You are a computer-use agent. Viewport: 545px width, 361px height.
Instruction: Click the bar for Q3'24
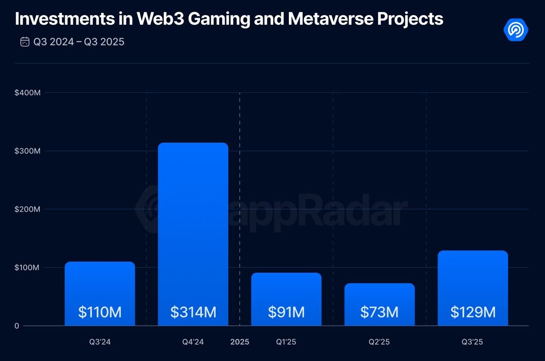coord(100,287)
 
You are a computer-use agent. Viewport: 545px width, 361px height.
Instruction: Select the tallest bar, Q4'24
coord(193,227)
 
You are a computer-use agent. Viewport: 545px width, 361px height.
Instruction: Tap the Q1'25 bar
coord(286,292)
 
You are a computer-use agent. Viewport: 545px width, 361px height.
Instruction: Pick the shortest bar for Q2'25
coord(379,297)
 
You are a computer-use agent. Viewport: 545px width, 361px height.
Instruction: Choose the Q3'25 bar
coord(473,282)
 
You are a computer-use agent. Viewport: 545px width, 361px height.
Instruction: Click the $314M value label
coord(193,312)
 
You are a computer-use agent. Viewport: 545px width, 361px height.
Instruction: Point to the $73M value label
coord(379,312)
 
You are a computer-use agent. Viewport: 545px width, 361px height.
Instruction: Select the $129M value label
coord(473,312)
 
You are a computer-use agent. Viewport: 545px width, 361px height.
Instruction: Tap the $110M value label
coord(100,312)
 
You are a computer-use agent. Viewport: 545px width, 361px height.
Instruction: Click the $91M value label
coord(286,312)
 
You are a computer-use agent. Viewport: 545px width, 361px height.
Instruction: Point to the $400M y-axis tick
coord(27,93)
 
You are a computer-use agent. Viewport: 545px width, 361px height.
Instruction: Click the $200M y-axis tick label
coord(27,209)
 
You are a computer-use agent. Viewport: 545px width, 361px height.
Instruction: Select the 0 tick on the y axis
coord(17,326)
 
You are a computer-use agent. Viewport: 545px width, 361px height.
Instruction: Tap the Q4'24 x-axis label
coord(193,342)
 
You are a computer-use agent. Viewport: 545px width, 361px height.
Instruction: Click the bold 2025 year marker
coord(240,342)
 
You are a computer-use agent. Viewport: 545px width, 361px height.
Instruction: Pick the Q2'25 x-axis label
coord(379,342)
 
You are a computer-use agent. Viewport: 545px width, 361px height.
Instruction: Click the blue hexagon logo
coord(516,30)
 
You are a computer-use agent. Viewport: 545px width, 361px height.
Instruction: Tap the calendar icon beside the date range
coord(25,42)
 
